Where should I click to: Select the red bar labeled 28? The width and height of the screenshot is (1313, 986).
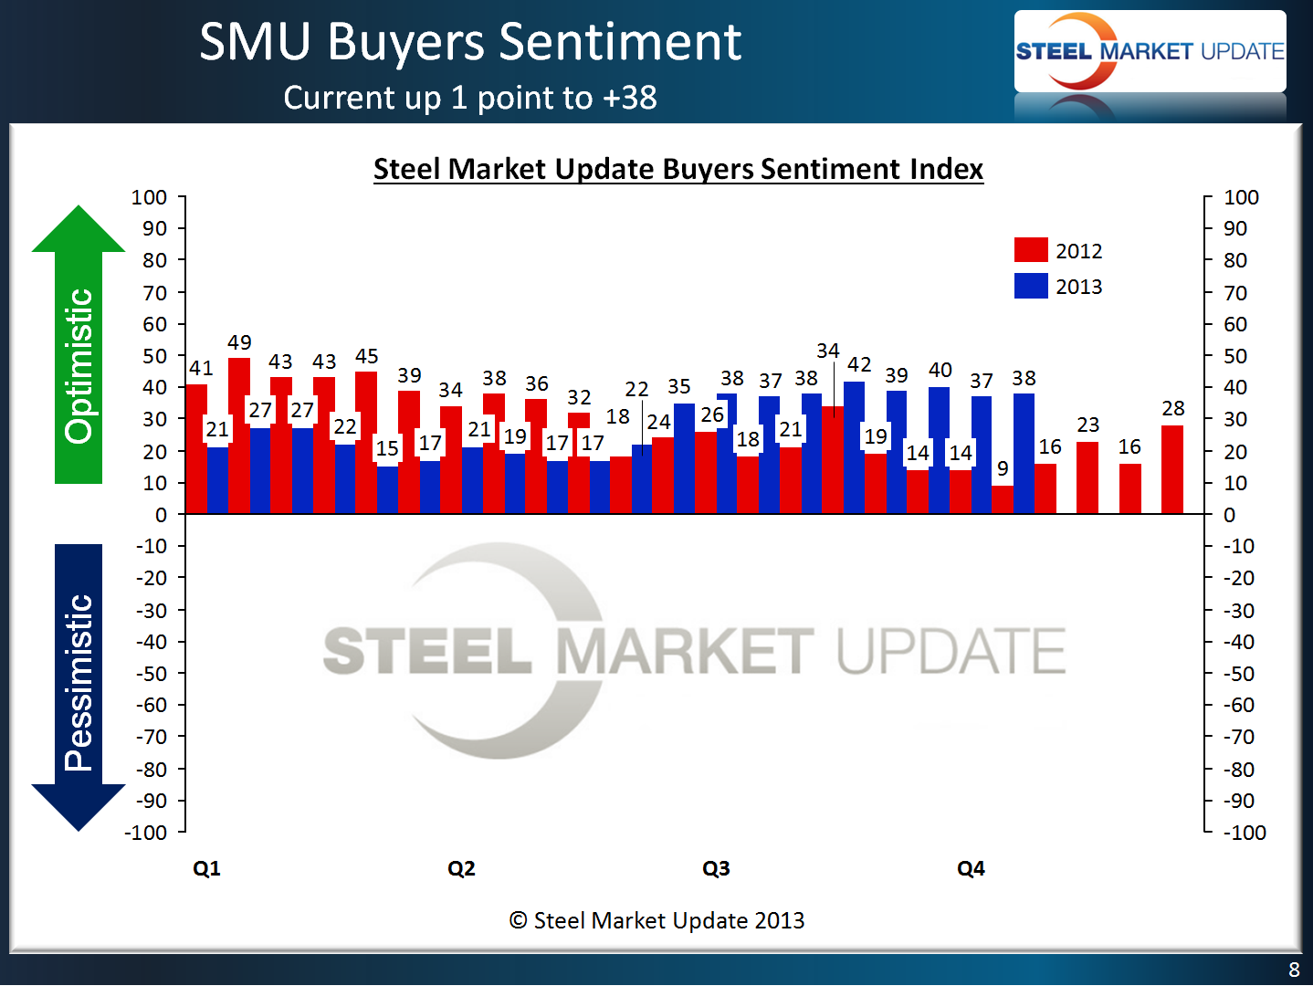pos(1172,469)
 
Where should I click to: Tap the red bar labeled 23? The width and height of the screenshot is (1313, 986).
pos(1087,477)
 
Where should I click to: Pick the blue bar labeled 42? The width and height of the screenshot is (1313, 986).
pos(855,447)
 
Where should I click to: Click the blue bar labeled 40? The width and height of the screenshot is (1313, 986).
pos(940,450)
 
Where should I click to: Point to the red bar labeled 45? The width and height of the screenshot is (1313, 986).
pos(366,442)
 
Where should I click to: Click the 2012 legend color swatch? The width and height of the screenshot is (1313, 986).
pos(1031,250)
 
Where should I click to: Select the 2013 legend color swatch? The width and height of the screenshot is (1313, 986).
pos(1031,286)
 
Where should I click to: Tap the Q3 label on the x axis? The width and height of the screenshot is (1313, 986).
pos(716,868)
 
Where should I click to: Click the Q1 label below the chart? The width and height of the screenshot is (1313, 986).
pos(206,868)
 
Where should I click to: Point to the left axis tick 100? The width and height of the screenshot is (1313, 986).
pos(149,197)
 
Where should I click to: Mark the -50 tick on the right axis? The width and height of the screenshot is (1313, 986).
pos(1239,674)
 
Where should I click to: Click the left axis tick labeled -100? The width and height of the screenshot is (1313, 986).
pos(146,833)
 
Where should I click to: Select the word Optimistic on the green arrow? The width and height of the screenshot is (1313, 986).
pos(79,366)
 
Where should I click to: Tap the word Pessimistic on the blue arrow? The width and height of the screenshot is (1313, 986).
pos(79,682)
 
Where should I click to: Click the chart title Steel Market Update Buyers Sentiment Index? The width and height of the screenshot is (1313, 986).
pos(678,169)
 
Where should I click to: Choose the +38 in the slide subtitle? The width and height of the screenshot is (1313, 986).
pos(629,98)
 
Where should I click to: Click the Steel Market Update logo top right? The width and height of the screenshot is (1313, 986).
pos(1150,51)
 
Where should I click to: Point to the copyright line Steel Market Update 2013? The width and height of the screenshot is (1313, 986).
pos(656,920)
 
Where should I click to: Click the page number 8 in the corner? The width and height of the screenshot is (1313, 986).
pos(1294,970)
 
